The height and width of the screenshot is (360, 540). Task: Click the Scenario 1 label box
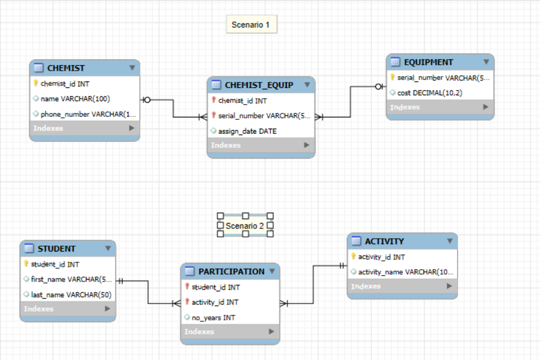[251, 25]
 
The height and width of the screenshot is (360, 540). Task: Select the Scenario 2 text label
[245, 226]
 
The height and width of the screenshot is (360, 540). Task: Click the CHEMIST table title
[66, 68]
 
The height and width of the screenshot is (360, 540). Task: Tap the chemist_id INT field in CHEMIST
[65, 84]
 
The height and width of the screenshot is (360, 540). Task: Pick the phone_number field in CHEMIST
[88, 114]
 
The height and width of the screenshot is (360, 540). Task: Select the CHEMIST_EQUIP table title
[259, 85]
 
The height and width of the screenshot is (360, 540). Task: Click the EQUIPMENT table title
[428, 62]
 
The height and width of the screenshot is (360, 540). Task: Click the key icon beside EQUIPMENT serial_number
[393, 78]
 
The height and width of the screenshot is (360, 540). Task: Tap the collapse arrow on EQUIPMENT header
[486, 62]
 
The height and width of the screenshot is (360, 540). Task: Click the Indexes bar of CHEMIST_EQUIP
[260, 145]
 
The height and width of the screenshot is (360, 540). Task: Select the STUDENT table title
[57, 249]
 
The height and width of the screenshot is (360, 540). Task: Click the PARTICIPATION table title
[231, 271]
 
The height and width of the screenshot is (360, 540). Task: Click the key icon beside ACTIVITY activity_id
[353, 256]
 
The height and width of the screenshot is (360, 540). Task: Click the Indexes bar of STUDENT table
[67, 309]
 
